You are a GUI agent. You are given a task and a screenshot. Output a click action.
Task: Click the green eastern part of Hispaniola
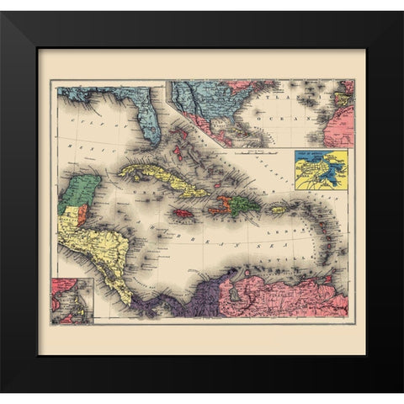tap(243, 204)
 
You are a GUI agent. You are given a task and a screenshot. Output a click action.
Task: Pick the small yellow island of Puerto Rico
tap(277, 210)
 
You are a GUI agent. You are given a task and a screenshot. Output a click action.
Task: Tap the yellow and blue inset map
tap(321, 168)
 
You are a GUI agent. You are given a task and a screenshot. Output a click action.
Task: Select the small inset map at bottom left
tap(72, 300)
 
